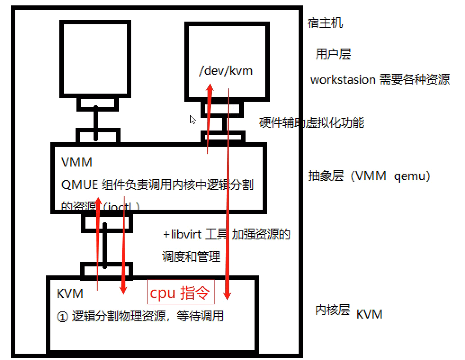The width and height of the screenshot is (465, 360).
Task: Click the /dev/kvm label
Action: pyautogui.click(x=226, y=71)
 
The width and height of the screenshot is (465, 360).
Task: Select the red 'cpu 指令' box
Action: pyautogui.click(x=180, y=292)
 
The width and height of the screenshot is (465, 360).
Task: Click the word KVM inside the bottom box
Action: pyautogui.click(x=70, y=293)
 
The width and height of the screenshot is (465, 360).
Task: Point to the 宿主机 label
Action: pyautogui.click(x=325, y=23)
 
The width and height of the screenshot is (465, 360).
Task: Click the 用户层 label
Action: pyautogui.click(x=333, y=54)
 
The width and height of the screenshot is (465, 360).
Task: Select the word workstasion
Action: pyautogui.click(x=343, y=80)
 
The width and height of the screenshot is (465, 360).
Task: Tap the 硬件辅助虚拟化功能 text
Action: pyautogui.click(x=311, y=122)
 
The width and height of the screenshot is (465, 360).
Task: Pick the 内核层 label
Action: pyautogui.click(x=332, y=310)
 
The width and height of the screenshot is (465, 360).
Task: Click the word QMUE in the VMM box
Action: pyautogui.click(x=79, y=184)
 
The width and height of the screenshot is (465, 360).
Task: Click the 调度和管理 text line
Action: pyautogui.click(x=191, y=257)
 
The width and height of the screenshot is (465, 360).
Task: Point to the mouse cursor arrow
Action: pyautogui.click(x=192, y=119)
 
